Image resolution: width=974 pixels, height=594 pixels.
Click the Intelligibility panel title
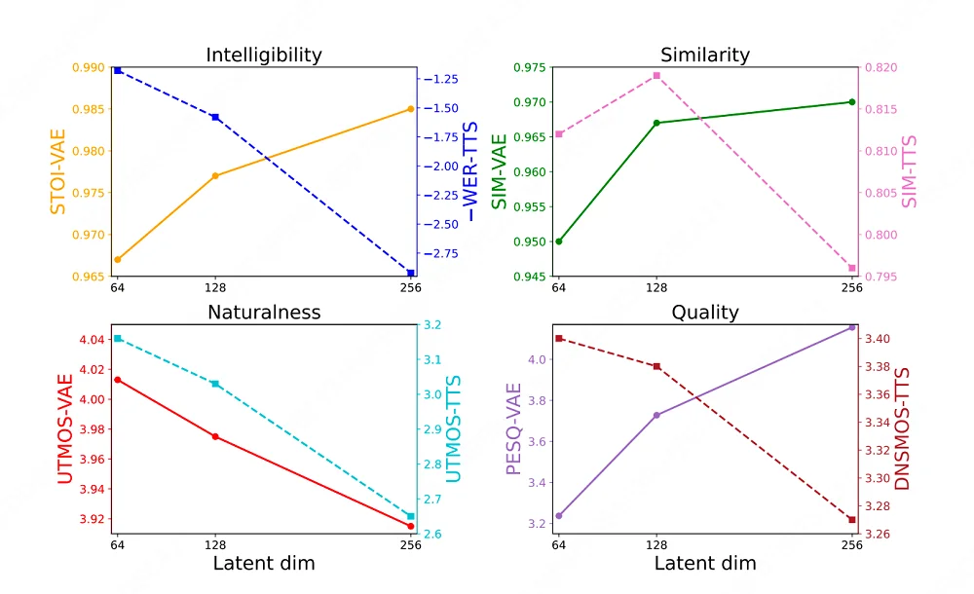click(263, 56)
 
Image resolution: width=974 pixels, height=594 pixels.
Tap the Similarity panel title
click(705, 56)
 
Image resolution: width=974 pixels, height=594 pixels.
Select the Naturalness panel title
click(263, 313)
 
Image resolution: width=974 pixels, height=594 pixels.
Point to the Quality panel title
click(705, 313)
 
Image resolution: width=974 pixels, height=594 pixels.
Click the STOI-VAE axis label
click(58, 172)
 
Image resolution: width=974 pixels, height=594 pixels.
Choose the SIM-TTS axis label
click(911, 172)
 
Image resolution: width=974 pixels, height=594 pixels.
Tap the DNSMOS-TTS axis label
click(902, 428)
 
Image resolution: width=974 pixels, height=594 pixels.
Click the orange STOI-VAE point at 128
click(215, 176)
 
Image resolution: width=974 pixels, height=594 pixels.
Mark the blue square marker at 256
click(411, 274)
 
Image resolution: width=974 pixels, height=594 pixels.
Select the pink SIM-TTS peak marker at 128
click(656, 76)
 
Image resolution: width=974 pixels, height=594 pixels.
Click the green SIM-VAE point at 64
click(559, 241)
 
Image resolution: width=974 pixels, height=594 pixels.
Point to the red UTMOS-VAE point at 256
click(411, 526)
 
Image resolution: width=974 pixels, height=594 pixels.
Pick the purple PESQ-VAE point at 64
click(559, 516)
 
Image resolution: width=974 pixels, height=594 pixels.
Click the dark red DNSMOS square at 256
click(852, 520)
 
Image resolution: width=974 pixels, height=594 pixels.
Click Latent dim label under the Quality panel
click(705, 564)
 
